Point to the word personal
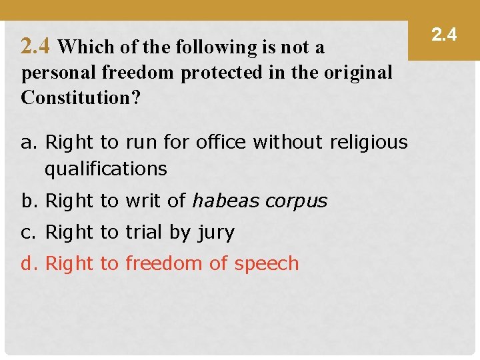click(52, 73)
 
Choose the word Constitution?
click(81, 98)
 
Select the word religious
click(369, 142)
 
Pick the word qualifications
click(105, 169)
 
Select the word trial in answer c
click(146, 232)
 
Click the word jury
click(216, 233)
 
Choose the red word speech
click(267, 264)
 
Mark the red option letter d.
click(28, 263)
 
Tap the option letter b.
click(28, 201)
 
